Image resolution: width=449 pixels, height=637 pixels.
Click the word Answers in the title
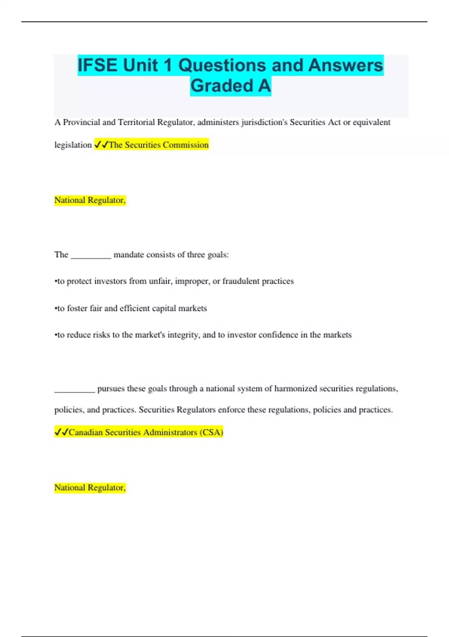(x=346, y=65)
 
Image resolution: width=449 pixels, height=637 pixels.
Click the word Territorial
(x=136, y=123)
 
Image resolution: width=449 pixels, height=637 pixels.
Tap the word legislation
(x=73, y=145)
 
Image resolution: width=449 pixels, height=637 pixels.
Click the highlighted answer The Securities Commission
(x=158, y=145)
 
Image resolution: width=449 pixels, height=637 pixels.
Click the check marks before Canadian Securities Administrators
(x=61, y=432)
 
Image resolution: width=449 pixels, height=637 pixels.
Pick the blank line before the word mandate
(x=91, y=256)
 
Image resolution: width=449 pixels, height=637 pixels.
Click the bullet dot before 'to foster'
(x=56, y=309)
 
